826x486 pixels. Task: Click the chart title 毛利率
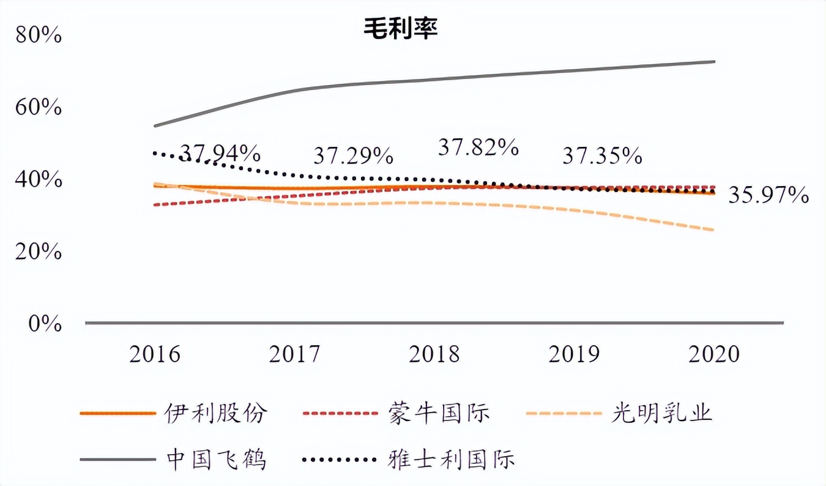401,28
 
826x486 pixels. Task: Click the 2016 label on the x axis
155,354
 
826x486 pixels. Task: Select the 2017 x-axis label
295,354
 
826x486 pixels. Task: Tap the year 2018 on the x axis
434,354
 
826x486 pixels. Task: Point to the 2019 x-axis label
575,354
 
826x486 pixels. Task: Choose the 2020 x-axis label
714,354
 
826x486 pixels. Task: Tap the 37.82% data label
479,147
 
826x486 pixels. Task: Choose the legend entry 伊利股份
216,413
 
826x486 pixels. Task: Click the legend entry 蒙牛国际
439,413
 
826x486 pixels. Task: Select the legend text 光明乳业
662,413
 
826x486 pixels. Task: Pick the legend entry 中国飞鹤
216,458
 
